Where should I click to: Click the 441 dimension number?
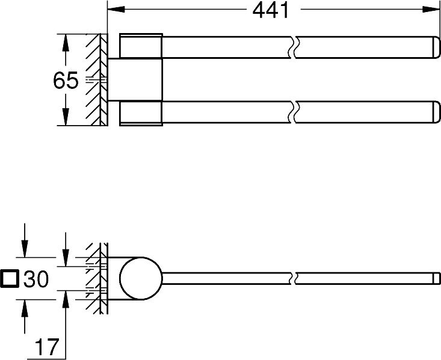(x=271, y=11)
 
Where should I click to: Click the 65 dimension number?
(x=65, y=81)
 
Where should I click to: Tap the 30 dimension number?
(x=36, y=279)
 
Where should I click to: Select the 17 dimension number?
(x=47, y=347)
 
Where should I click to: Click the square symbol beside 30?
(x=10, y=279)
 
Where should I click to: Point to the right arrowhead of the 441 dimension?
(x=431, y=9)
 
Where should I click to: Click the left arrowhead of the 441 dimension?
(x=116, y=9)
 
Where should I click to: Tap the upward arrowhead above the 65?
(x=66, y=43)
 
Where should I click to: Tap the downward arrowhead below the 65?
(x=66, y=117)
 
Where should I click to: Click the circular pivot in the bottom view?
(x=141, y=278)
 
